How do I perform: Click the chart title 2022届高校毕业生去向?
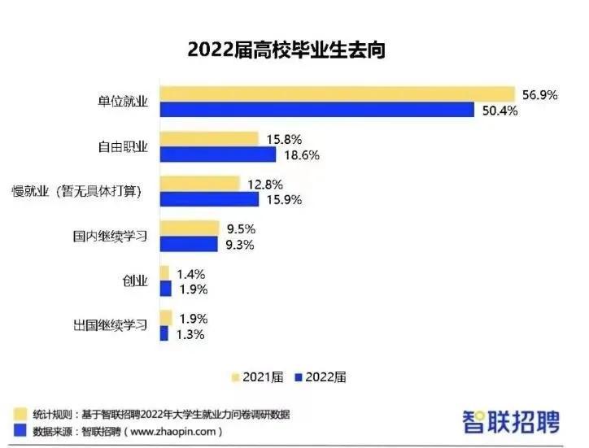point(286,50)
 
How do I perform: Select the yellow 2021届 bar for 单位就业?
point(337,94)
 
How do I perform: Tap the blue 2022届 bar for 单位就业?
point(316,110)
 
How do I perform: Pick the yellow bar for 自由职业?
point(208,139)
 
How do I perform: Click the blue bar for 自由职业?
point(216,154)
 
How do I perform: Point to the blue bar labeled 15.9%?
point(208,199)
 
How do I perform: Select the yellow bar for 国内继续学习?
point(190,228)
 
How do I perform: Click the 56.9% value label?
point(539,95)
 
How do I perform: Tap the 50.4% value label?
point(500,111)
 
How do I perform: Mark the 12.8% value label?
point(265,185)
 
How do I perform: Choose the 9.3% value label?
point(242,244)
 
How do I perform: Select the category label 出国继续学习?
point(110,325)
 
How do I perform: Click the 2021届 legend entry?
point(258,377)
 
